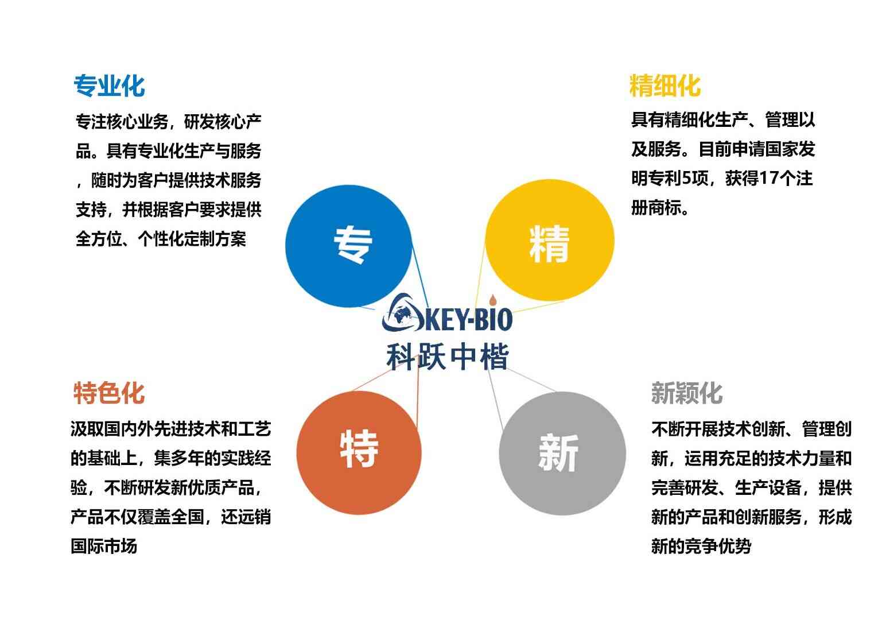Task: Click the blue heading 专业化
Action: [x=109, y=86]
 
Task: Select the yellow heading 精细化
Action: [x=665, y=86]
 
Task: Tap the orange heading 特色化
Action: [x=109, y=393]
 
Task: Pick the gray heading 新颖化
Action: [x=687, y=393]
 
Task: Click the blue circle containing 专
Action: [x=349, y=246]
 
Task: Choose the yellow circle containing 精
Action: [x=550, y=241]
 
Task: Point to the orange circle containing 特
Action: [x=359, y=453]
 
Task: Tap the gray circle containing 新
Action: [x=562, y=454]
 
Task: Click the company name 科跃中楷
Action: [x=447, y=357]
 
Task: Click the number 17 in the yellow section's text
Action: [x=767, y=178]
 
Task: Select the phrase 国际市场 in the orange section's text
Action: [x=104, y=547]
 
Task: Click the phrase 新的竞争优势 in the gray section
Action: [x=701, y=547]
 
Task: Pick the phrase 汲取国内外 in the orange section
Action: [x=112, y=429]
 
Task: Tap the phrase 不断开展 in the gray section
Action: [x=685, y=429]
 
